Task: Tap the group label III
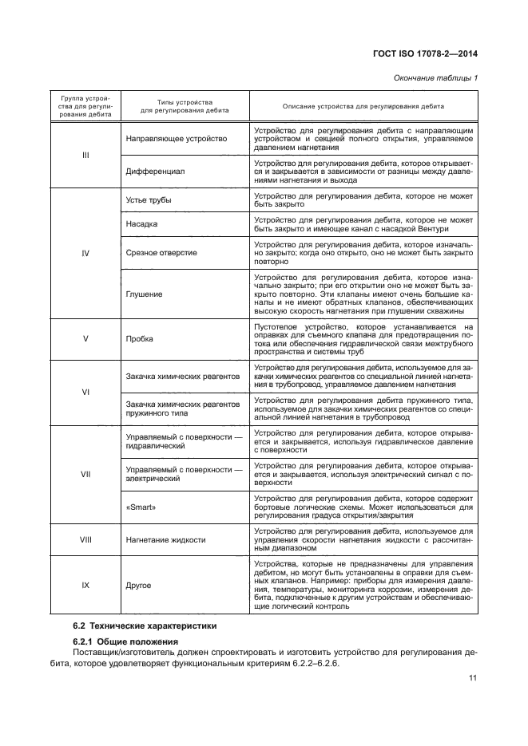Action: click(85, 155)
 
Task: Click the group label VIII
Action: click(85, 540)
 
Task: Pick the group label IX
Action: click(85, 586)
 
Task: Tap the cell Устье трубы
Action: click(149, 199)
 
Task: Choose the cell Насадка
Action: click(142, 226)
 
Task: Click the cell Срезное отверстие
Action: click(161, 253)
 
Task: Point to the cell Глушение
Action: click(145, 294)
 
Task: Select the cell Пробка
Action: click(140, 338)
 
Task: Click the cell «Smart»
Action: click(141, 506)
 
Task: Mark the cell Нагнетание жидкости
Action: click(165, 540)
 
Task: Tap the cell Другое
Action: click(139, 586)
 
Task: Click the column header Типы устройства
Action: click(185, 103)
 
